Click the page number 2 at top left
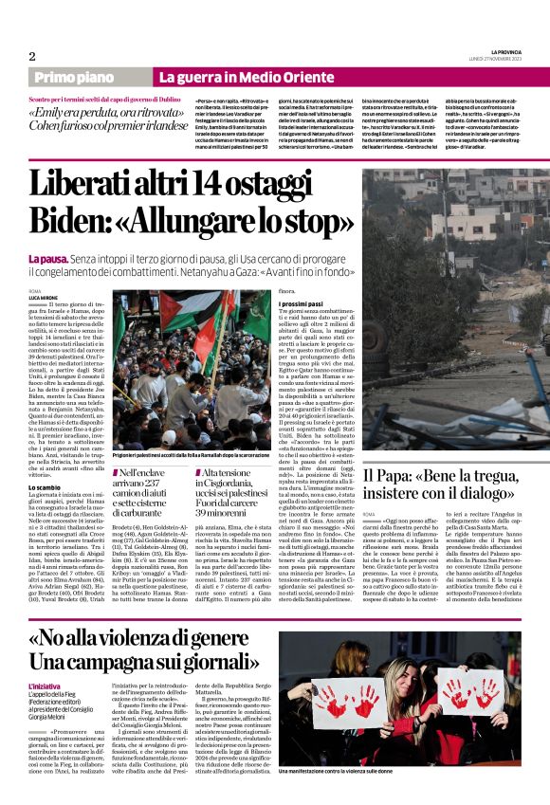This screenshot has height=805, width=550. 32,56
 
